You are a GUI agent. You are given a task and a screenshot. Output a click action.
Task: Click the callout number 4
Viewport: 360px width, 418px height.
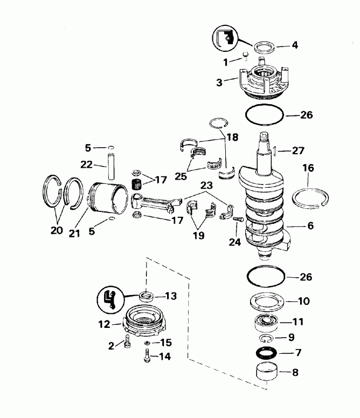(x=294, y=45)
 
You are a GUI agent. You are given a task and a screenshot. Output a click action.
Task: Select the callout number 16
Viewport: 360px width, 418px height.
(x=308, y=168)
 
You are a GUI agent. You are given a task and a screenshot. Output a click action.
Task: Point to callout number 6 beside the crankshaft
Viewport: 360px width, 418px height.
(x=310, y=227)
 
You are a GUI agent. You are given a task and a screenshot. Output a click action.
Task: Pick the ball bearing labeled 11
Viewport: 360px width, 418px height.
(x=266, y=323)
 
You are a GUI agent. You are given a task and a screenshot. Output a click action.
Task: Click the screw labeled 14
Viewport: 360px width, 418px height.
(x=146, y=357)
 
